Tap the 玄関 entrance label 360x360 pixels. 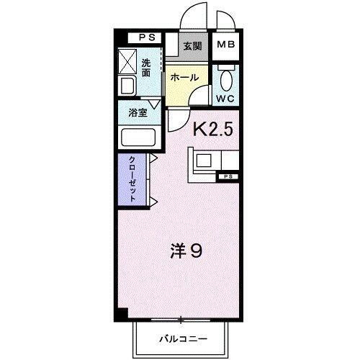(192, 47)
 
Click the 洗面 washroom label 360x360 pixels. (146, 67)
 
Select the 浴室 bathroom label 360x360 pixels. (138, 112)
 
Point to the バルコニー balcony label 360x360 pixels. (183, 338)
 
